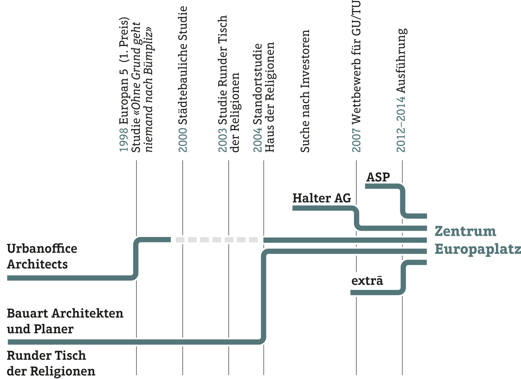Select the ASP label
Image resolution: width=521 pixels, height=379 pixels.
(378, 177)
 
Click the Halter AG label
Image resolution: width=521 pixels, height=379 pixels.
(322, 198)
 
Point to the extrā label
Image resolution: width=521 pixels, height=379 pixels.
(367, 281)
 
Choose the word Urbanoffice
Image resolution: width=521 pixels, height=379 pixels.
(42, 249)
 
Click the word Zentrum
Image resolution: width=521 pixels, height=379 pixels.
(465, 231)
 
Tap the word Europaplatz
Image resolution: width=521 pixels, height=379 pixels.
(477, 250)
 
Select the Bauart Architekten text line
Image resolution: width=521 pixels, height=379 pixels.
(65, 313)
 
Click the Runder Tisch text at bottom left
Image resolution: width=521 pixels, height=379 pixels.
(46, 356)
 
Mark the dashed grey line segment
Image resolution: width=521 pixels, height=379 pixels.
(217, 240)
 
